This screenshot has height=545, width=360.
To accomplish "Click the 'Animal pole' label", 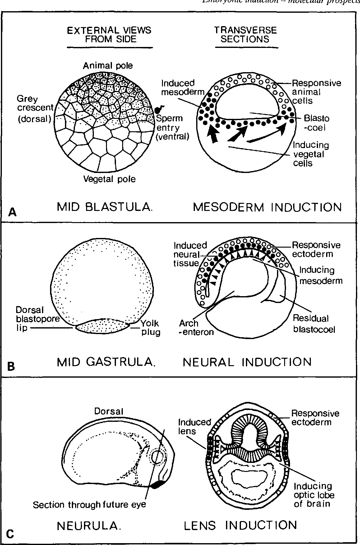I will click(108, 66).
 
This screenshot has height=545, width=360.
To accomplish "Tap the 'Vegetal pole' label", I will click(109, 179).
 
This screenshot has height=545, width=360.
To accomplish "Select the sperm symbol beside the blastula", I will click(160, 109).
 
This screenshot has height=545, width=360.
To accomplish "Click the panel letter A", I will click(12, 212).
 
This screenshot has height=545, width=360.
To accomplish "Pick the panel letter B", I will click(11, 367).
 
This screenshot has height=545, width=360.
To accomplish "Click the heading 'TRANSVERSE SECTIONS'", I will click(245, 35).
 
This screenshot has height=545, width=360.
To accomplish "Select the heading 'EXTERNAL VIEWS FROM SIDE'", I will click(109, 35).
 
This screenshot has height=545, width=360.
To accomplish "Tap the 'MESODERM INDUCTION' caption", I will click(267, 207).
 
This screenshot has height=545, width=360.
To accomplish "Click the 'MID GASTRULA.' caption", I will click(106, 362).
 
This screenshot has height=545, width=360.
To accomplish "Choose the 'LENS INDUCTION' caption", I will click(241, 525).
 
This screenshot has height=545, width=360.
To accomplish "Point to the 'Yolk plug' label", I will click(150, 328).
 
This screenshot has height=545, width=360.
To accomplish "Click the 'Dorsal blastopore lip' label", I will click(30, 319).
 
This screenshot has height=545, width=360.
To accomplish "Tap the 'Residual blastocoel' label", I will click(314, 324).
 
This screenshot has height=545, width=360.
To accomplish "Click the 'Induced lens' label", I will click(194, 426).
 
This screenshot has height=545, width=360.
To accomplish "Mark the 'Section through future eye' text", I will click(89, 505).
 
